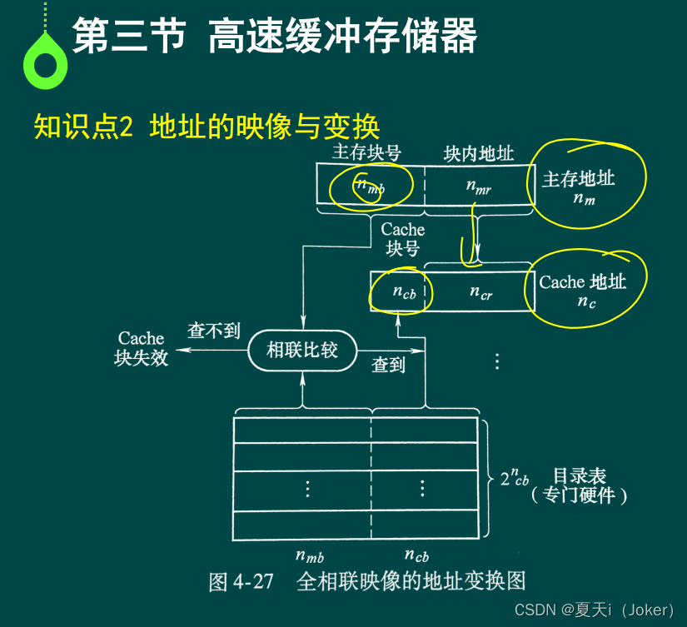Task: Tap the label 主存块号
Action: [x=366, y=152]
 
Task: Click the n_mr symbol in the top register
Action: [x=479, y=187]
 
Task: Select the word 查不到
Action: [x=213, y=331]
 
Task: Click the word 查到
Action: [x=388, y=364]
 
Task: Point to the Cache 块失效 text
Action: [x=142, y=348]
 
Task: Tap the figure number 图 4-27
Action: [x=241, y=580]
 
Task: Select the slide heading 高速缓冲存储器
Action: [x=342, y=37]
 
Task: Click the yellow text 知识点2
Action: [x=83, y=127]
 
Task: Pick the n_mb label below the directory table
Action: [x=309, y=555]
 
